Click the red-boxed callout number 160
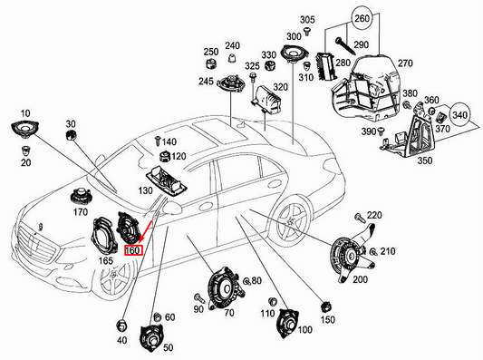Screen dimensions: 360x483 click(132, 249)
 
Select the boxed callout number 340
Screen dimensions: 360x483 click(460, 117)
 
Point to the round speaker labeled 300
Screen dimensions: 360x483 click(295, 55)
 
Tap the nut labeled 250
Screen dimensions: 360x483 click(210, 66)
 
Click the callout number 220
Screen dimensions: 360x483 click(375, 215)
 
